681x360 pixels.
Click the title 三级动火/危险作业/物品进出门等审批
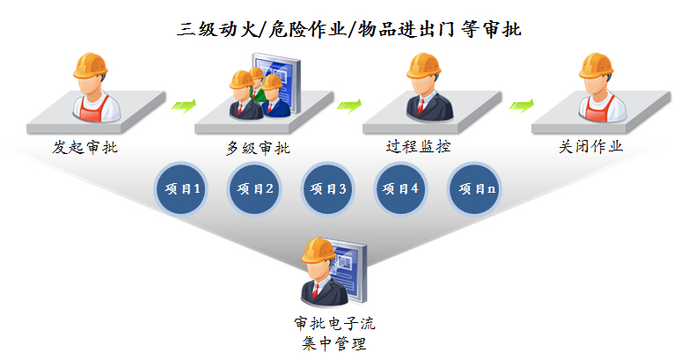(348, 30)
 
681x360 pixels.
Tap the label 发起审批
(85, 147)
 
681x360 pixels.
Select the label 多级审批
(258, 148)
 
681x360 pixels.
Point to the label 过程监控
(418, 146)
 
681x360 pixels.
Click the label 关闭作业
(590, 146)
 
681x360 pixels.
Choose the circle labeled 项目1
(181, 189)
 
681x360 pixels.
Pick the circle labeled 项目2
(254, 189)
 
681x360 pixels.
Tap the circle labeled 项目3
(327, 189)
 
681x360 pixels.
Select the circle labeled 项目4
(400, 189)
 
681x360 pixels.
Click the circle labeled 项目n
(474, 189)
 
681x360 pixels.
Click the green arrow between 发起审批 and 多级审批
(184, 105)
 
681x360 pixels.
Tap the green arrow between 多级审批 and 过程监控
(349, 105)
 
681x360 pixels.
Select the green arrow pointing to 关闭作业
(521, 105)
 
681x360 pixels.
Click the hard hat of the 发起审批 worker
(91, 65)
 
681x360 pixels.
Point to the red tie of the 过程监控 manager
(421, 106)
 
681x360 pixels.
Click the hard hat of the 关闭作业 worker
(596, 65)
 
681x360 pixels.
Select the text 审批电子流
(334, 324)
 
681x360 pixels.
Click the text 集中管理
(334, 344)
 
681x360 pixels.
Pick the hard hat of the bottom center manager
(319, 250)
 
